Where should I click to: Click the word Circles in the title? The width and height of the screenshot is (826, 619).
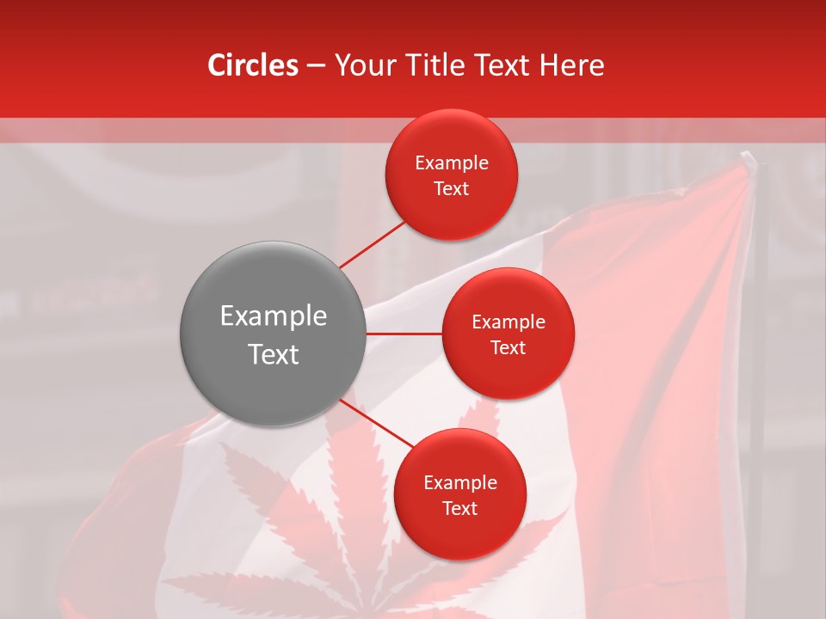pyautogui.click(x=253, y=65)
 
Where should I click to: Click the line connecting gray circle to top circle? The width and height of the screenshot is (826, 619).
pyautogui.click(x=373, y=244)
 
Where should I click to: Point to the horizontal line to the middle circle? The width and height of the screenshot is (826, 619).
pyautogui.click(x=404, y=334)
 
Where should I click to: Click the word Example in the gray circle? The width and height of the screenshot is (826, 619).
pyautogui.click(x=273, y=316)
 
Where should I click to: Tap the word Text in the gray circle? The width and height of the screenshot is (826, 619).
pyautogui.click(x=273, y=353)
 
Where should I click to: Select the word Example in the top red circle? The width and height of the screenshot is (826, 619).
pyautogui.click(x=451, y=162)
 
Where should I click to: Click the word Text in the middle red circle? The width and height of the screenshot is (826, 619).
pyautogui.click(x=508, y=347)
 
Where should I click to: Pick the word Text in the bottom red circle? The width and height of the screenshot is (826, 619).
pyautogui.click(x=459, y=508)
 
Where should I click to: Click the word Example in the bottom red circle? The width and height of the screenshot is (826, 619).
pyautogui.click(x=459, y=482)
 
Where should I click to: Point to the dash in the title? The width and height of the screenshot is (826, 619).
pyautogui.click(x=316, y=65)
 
